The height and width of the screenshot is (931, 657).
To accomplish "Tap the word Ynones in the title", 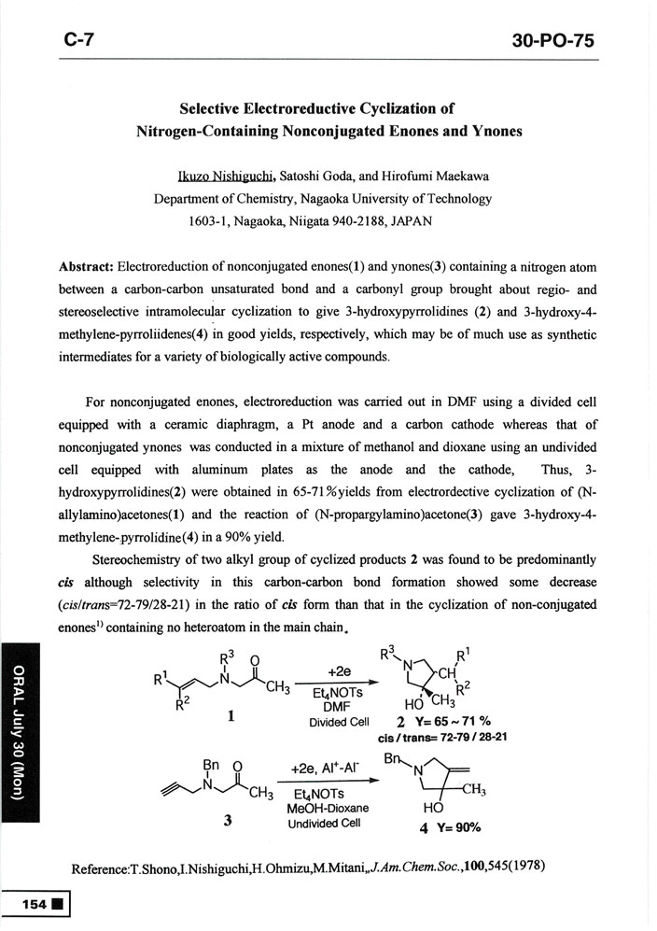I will point(494,131).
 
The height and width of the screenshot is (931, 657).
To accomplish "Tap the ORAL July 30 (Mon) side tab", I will point(20,717).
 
